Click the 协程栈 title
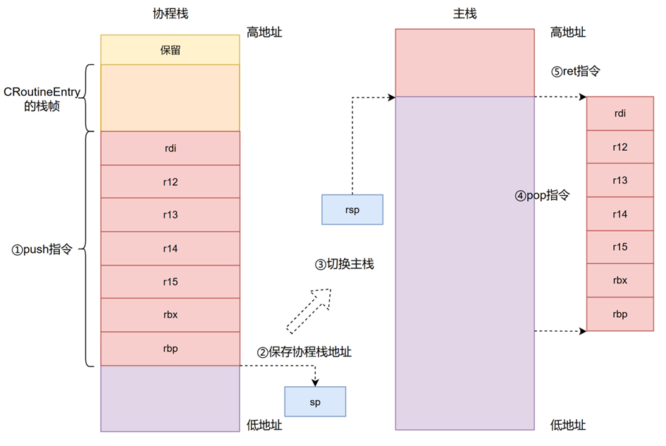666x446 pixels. pyautogui.click(x=170, y=13)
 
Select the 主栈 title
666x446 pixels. pyautogui.click(x=464, y=13)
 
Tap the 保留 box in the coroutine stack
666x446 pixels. pyautogui.click(x=170, y=50)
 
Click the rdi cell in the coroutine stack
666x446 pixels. pyautogui.click(x=170, y=148)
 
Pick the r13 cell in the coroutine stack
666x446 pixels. pyautogui.click(x=170, y=215)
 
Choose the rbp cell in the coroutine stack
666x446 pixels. pyautogui.click(x=170, y=349)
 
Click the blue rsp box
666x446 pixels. pyautogui.click(x=352, y=209)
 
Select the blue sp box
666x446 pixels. pyautogui.click(x=315, y=401)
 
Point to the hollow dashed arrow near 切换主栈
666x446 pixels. pyautogui.click(x=309, y=310)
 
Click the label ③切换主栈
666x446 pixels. pyautogui.click(x=344, y=265)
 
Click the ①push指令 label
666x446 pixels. pyautogui.click(x=42, y=249)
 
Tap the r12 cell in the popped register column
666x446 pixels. pyautogui.click(x=620, y=147)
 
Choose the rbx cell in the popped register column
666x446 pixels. pyautogui.click(x=620, y=280)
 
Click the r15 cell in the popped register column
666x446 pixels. pyautogui.click(x=620, y=247)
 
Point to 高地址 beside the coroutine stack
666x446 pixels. pyautogui.click(x=264, y=32)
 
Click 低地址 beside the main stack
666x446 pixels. pyautogui.click(x=568, y=424)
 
